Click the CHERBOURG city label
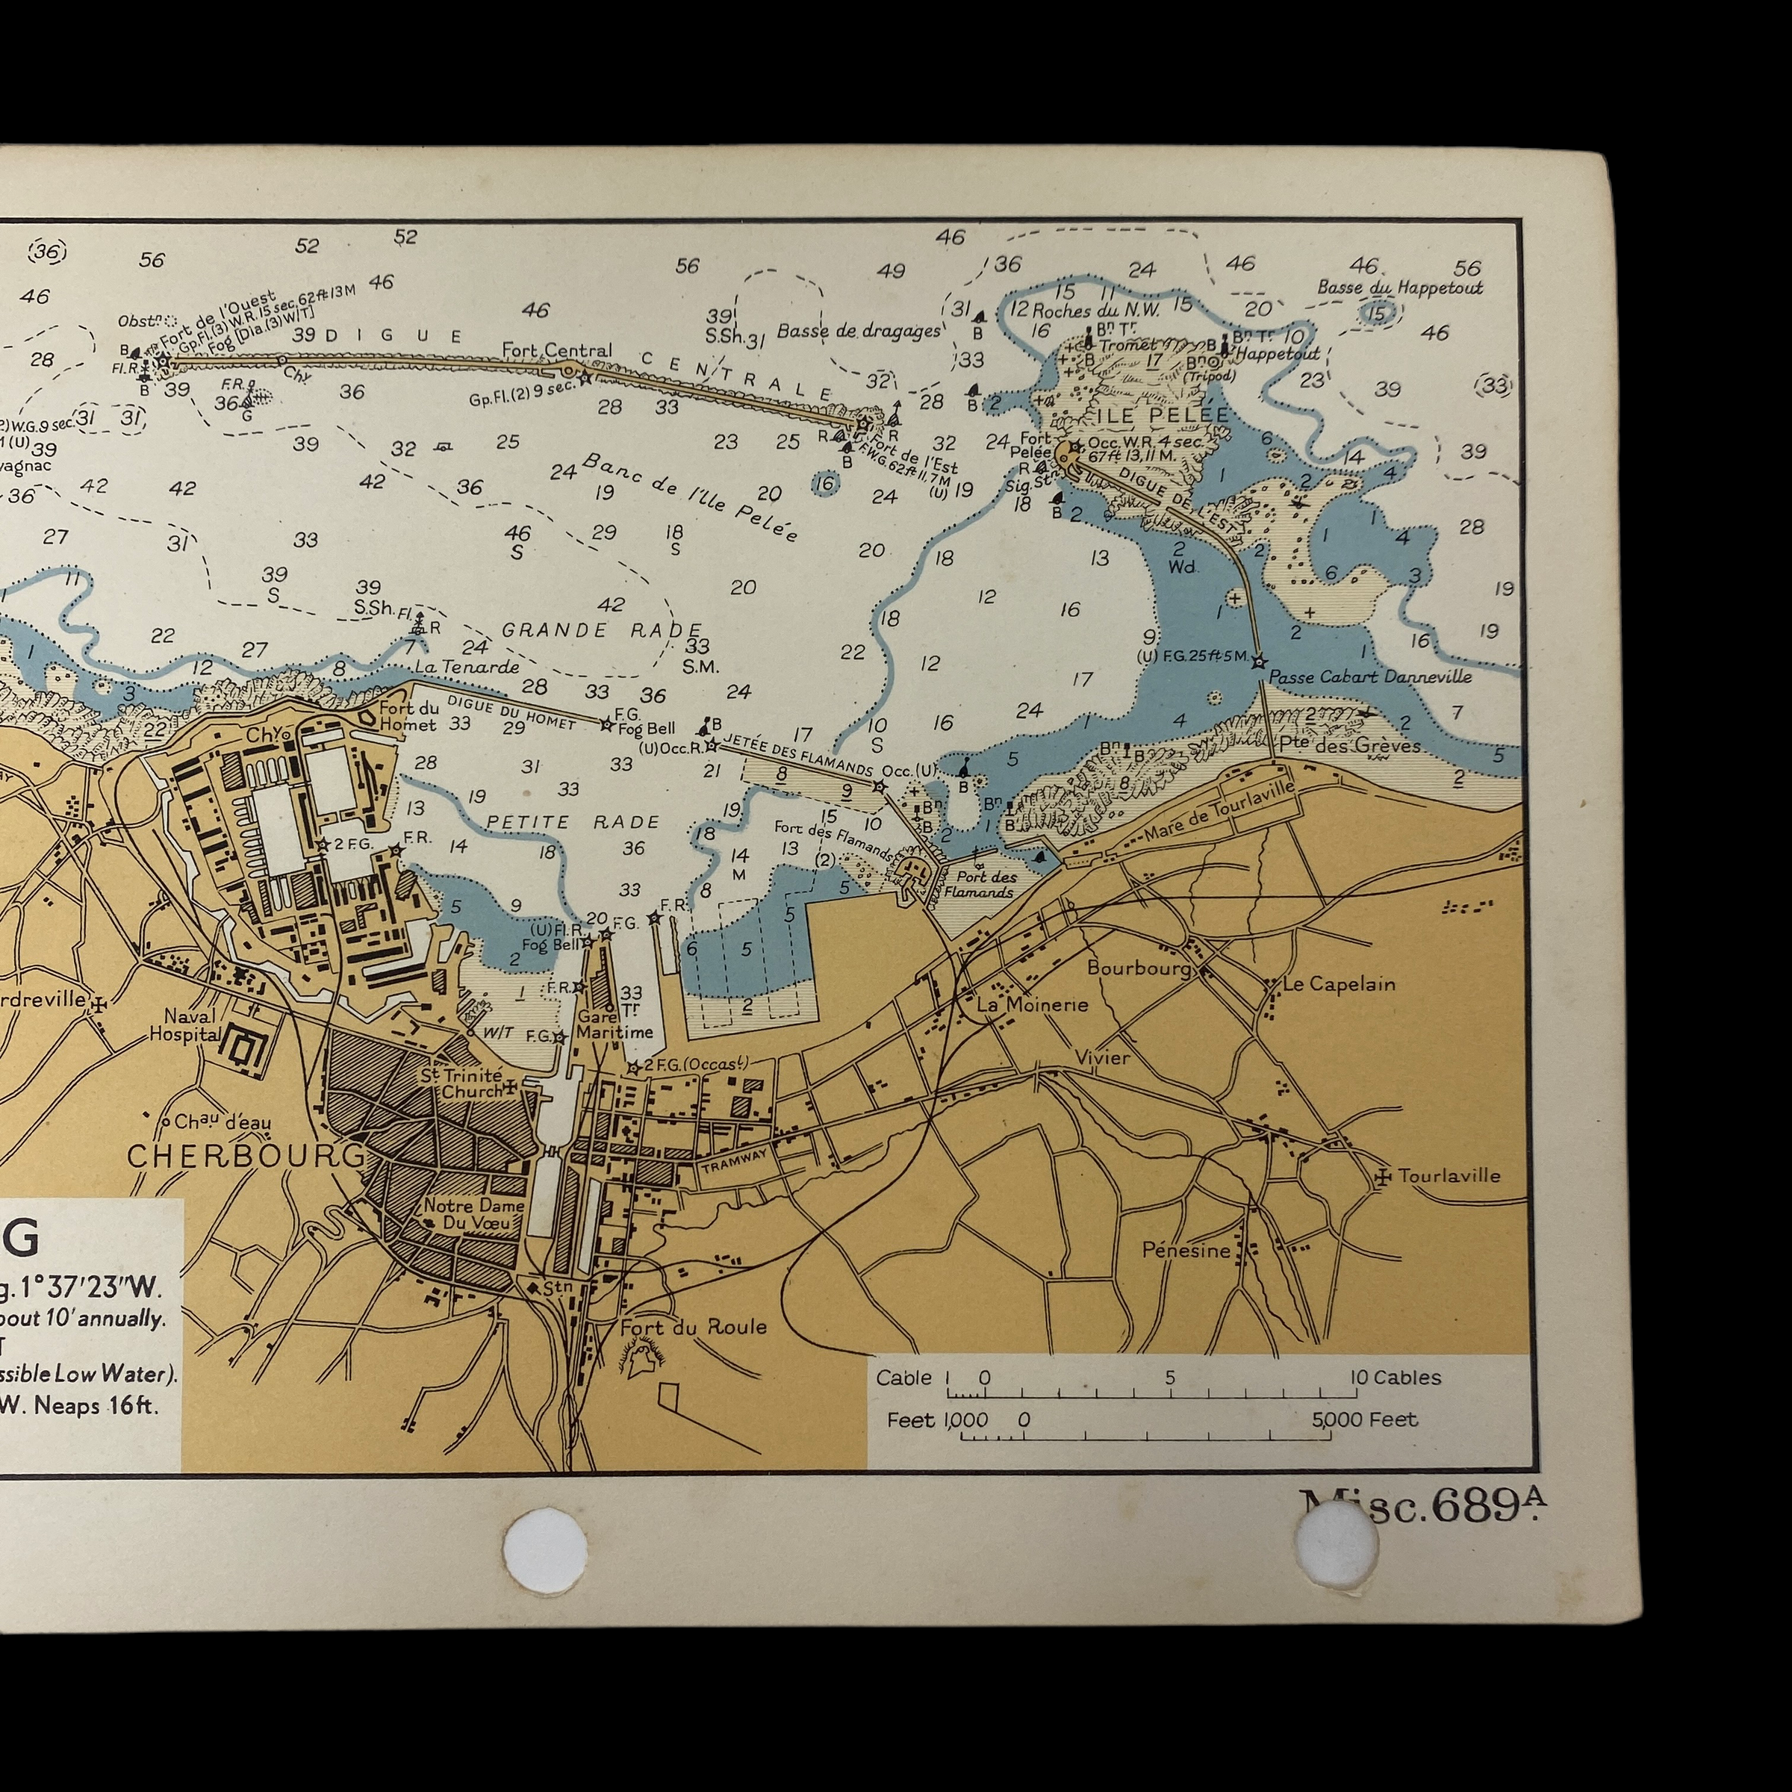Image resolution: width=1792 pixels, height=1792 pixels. (246, 1156)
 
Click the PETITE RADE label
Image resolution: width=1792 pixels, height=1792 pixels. (572, 822)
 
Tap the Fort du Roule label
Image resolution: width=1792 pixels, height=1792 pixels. (693, 1328)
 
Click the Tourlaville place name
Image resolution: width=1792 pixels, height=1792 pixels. (1449, 1175)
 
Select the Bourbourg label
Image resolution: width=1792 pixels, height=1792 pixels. (1139, 968)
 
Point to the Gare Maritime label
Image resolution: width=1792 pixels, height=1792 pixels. (614, 1023)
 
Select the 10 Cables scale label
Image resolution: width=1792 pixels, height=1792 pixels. (1396, 1378)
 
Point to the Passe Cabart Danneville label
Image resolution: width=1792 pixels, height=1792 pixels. (1369, 676)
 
